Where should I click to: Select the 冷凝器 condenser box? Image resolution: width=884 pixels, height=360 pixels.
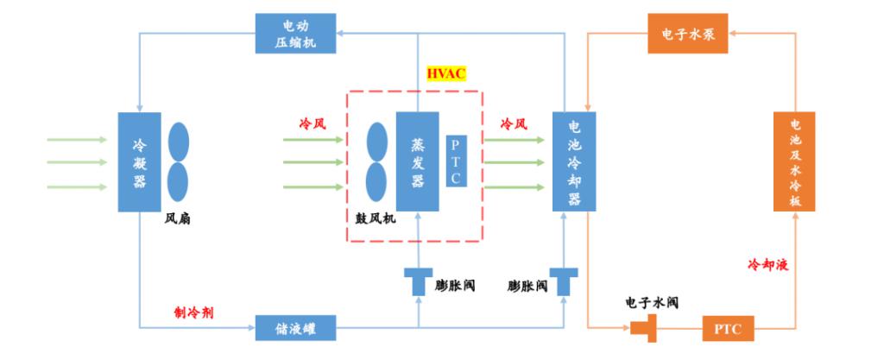[139, 161]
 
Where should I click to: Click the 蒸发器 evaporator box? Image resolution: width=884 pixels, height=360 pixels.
[417, 161]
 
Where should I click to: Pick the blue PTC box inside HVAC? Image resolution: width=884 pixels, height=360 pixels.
[457, 161]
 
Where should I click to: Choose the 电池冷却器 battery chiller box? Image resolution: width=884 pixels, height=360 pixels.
[574, 161]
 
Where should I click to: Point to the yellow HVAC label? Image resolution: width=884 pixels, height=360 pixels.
[446, 73]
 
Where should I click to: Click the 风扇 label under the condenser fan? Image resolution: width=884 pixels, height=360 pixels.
[178, 219]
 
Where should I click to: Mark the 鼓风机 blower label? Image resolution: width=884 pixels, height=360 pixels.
[376, 219]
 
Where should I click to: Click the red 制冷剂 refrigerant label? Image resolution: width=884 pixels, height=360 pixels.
[195, 311]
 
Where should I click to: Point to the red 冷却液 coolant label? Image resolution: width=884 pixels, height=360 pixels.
[767, 264]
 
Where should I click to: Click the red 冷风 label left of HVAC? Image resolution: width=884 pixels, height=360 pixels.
[313, 123]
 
